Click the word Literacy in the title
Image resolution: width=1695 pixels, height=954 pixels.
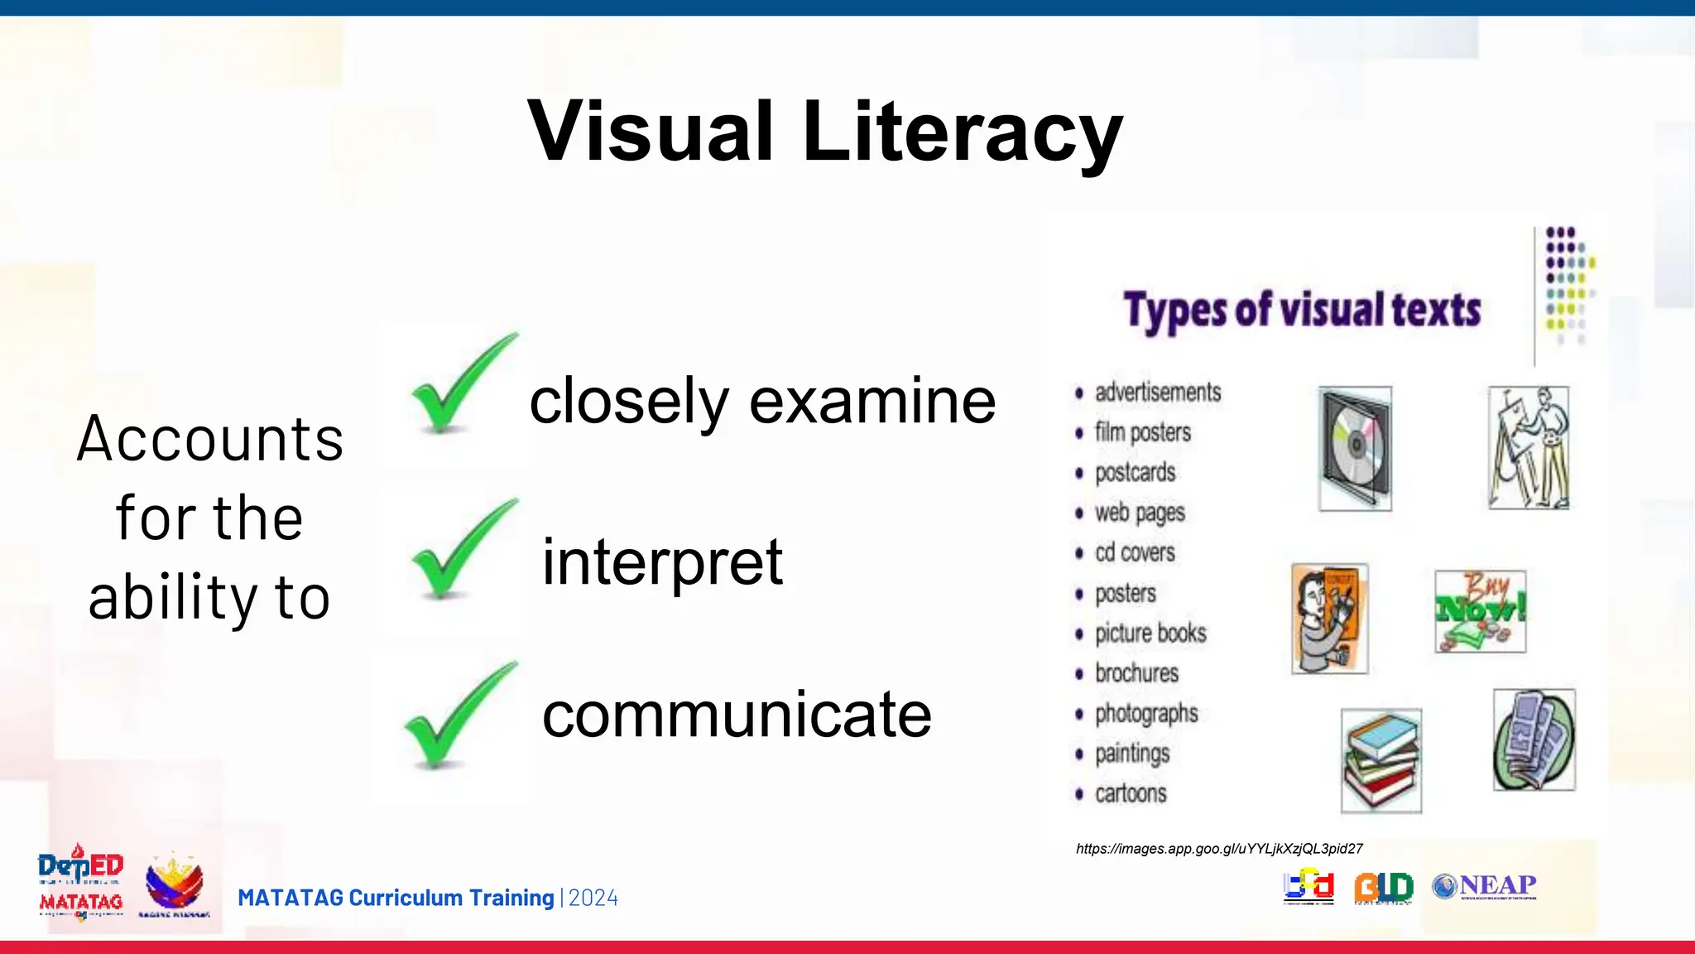coord(963,132)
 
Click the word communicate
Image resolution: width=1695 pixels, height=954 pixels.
coord(737,715)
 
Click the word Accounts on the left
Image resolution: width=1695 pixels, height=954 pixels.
coord(210,439)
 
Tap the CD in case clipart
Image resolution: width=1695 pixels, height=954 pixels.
coord(1355,448)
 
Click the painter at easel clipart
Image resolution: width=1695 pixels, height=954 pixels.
coord(1528,447)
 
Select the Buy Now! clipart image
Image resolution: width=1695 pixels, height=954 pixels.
coord(1480,611)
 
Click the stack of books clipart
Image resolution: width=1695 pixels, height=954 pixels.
coord(1380,760)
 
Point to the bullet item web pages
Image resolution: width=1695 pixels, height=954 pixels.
coord(1140,513)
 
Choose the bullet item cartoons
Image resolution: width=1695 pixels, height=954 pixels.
coord(1131,793)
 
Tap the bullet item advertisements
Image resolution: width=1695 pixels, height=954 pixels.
coord(1157,393)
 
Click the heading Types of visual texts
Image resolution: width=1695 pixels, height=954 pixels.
coord(1302,311)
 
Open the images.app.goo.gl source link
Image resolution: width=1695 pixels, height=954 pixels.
coord(1219,849)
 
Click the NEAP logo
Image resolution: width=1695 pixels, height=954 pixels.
coord(1485,886)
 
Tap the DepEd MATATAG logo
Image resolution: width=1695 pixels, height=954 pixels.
coord(80,883)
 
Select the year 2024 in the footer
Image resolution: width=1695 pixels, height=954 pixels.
coord(593,899)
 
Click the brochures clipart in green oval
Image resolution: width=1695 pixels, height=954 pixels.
coord(1534,740)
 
